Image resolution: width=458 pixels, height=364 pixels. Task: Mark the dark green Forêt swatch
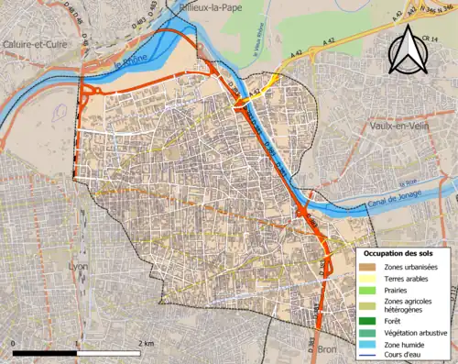click(367, 321)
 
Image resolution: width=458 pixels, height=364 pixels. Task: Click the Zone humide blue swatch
click(367, 345)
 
